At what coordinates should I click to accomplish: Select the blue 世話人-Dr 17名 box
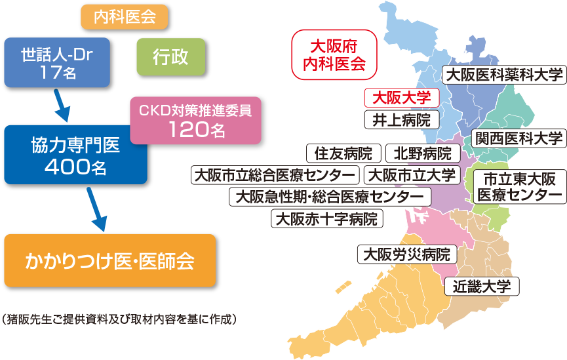tap(56, 63)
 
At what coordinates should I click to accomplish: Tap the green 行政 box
tap(170, 56)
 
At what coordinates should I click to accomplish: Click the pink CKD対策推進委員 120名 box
tap(195, 121)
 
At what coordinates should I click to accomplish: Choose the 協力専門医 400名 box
tap(75, 155)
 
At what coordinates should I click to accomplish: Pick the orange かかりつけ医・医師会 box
tap(109, 260)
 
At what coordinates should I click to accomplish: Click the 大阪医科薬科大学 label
tap(503, 75)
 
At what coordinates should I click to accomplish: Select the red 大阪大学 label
tap(401, 98)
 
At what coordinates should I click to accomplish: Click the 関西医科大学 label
tap(518, 138)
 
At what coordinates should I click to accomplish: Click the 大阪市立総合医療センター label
tap(275, 175)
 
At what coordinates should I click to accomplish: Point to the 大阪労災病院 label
tap(406, 254)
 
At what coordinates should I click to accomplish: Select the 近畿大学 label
tap(482, 286)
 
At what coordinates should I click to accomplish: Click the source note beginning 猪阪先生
tap(118, 319)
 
